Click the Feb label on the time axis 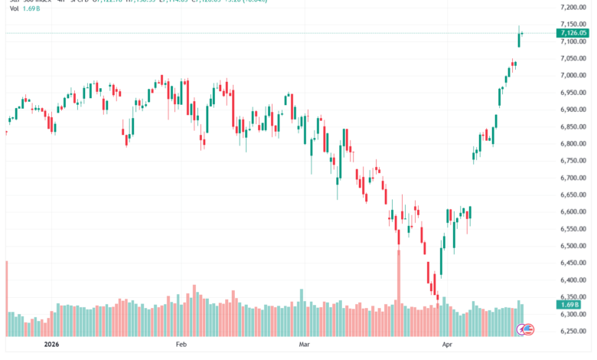[x=181, y=345]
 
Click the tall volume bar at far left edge [x=6, y=299]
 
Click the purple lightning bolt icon [x=529, y=329]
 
